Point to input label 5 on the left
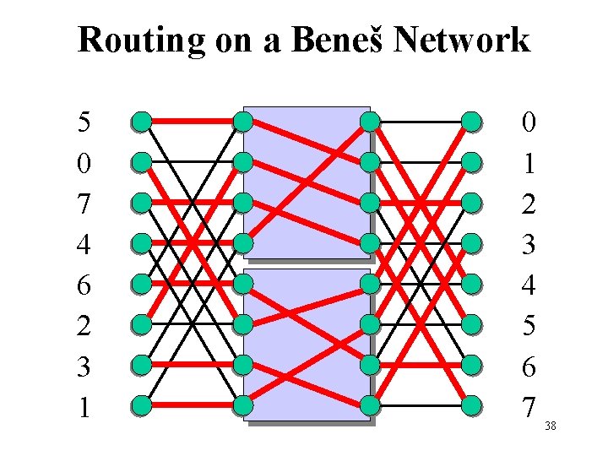point(84,122)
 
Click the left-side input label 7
point(84,204)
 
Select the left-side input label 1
point(84,408)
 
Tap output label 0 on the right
point(529,122)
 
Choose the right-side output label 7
point(529,408)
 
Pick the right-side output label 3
point(529,245)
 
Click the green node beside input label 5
point(141,122)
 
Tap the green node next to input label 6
point(141,285)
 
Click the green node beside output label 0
point(472,122)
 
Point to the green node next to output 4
point(472,285)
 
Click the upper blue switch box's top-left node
point(243,122)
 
